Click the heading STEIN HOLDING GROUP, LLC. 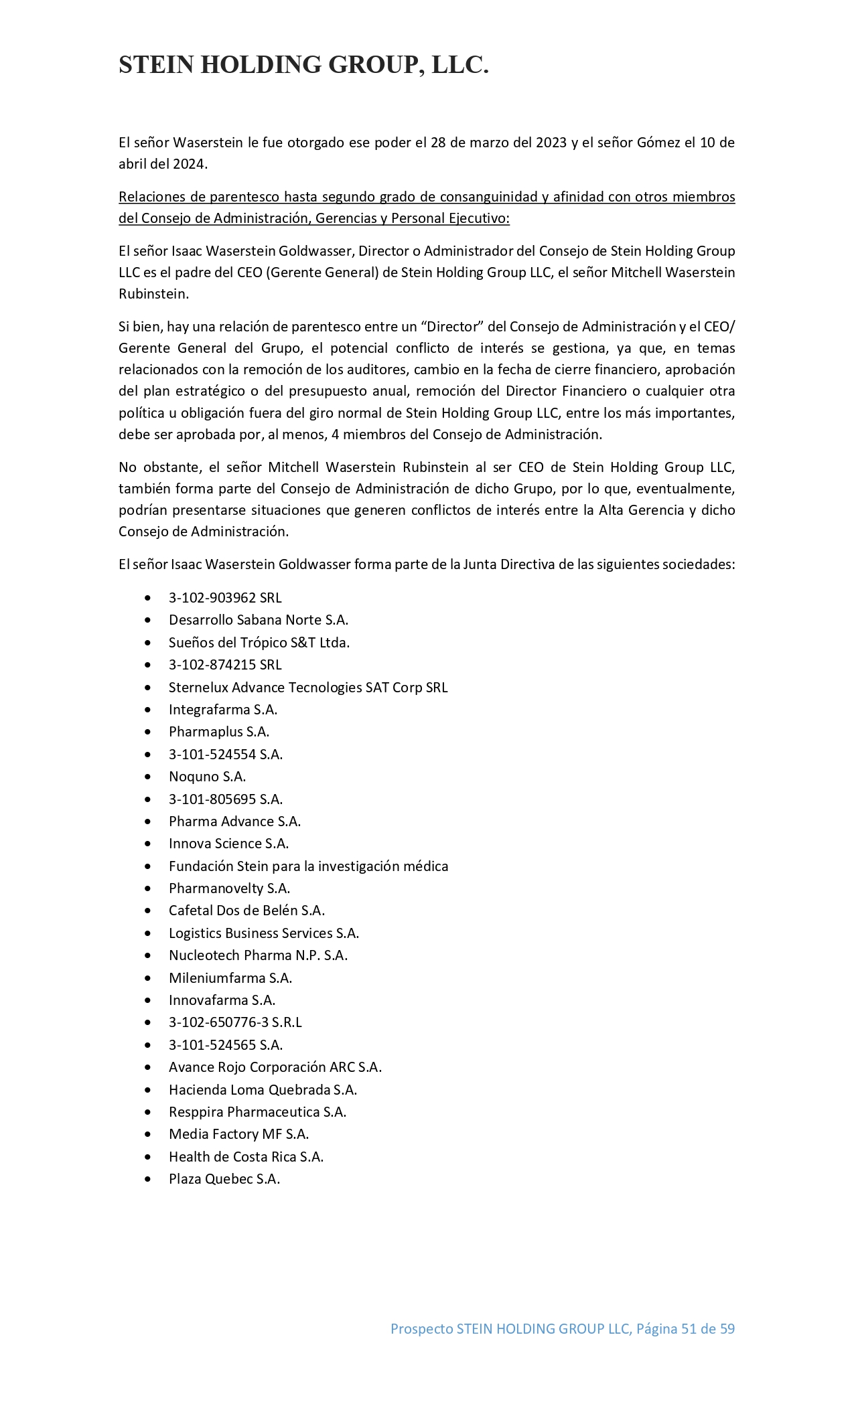click(x=303, y=65)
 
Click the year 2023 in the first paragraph click(x=551, y=143)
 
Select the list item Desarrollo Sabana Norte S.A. click(x=258, y=620)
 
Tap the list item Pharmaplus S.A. click(x=219, y=732)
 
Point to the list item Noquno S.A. click(x=207, y=777)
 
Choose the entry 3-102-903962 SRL click(x=225, y=598)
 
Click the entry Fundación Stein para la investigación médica click(x=308, y=866)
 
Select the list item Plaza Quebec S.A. click(x=224, y=1179)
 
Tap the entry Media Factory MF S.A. click(x=238, y=1134)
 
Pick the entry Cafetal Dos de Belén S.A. click(x=246, y=911)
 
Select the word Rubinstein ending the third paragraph click(x=153, y=294)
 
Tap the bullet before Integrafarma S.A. click(x=147, y=710)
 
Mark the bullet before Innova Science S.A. click(x=147, y=844)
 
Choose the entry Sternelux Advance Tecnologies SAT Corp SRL click(x=308, y=688)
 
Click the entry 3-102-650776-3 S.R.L click(x=235, y=1022)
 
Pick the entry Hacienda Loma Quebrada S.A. click(x=263, y=1089)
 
